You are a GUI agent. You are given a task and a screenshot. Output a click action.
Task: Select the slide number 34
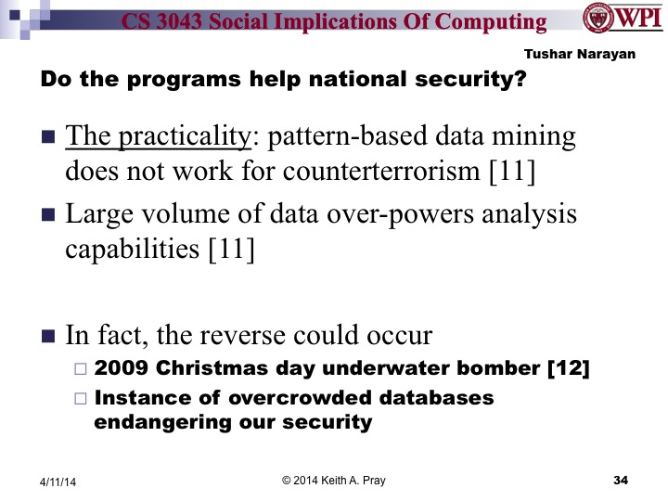coord(622,479)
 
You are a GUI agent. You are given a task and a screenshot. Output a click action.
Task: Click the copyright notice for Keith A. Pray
coord(333,479)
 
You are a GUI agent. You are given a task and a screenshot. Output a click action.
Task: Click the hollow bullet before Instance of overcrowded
coord(79,399)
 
